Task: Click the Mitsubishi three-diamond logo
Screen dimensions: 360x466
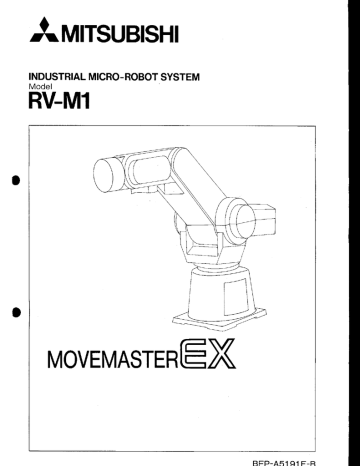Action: coord(32,36)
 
